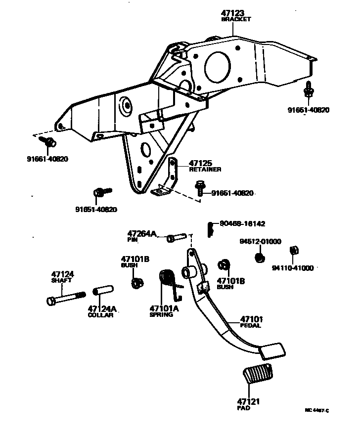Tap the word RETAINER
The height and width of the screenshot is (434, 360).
coord(205,169)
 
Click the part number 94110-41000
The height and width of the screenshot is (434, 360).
coord(293,268)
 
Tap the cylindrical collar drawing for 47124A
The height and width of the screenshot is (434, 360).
coord(102,295)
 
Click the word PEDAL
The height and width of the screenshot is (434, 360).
coord(251,326)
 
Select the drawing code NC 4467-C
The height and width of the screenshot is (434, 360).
coord(316,411)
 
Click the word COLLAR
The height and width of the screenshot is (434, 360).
coord(100,315)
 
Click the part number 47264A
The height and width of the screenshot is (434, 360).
coord(141,233)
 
